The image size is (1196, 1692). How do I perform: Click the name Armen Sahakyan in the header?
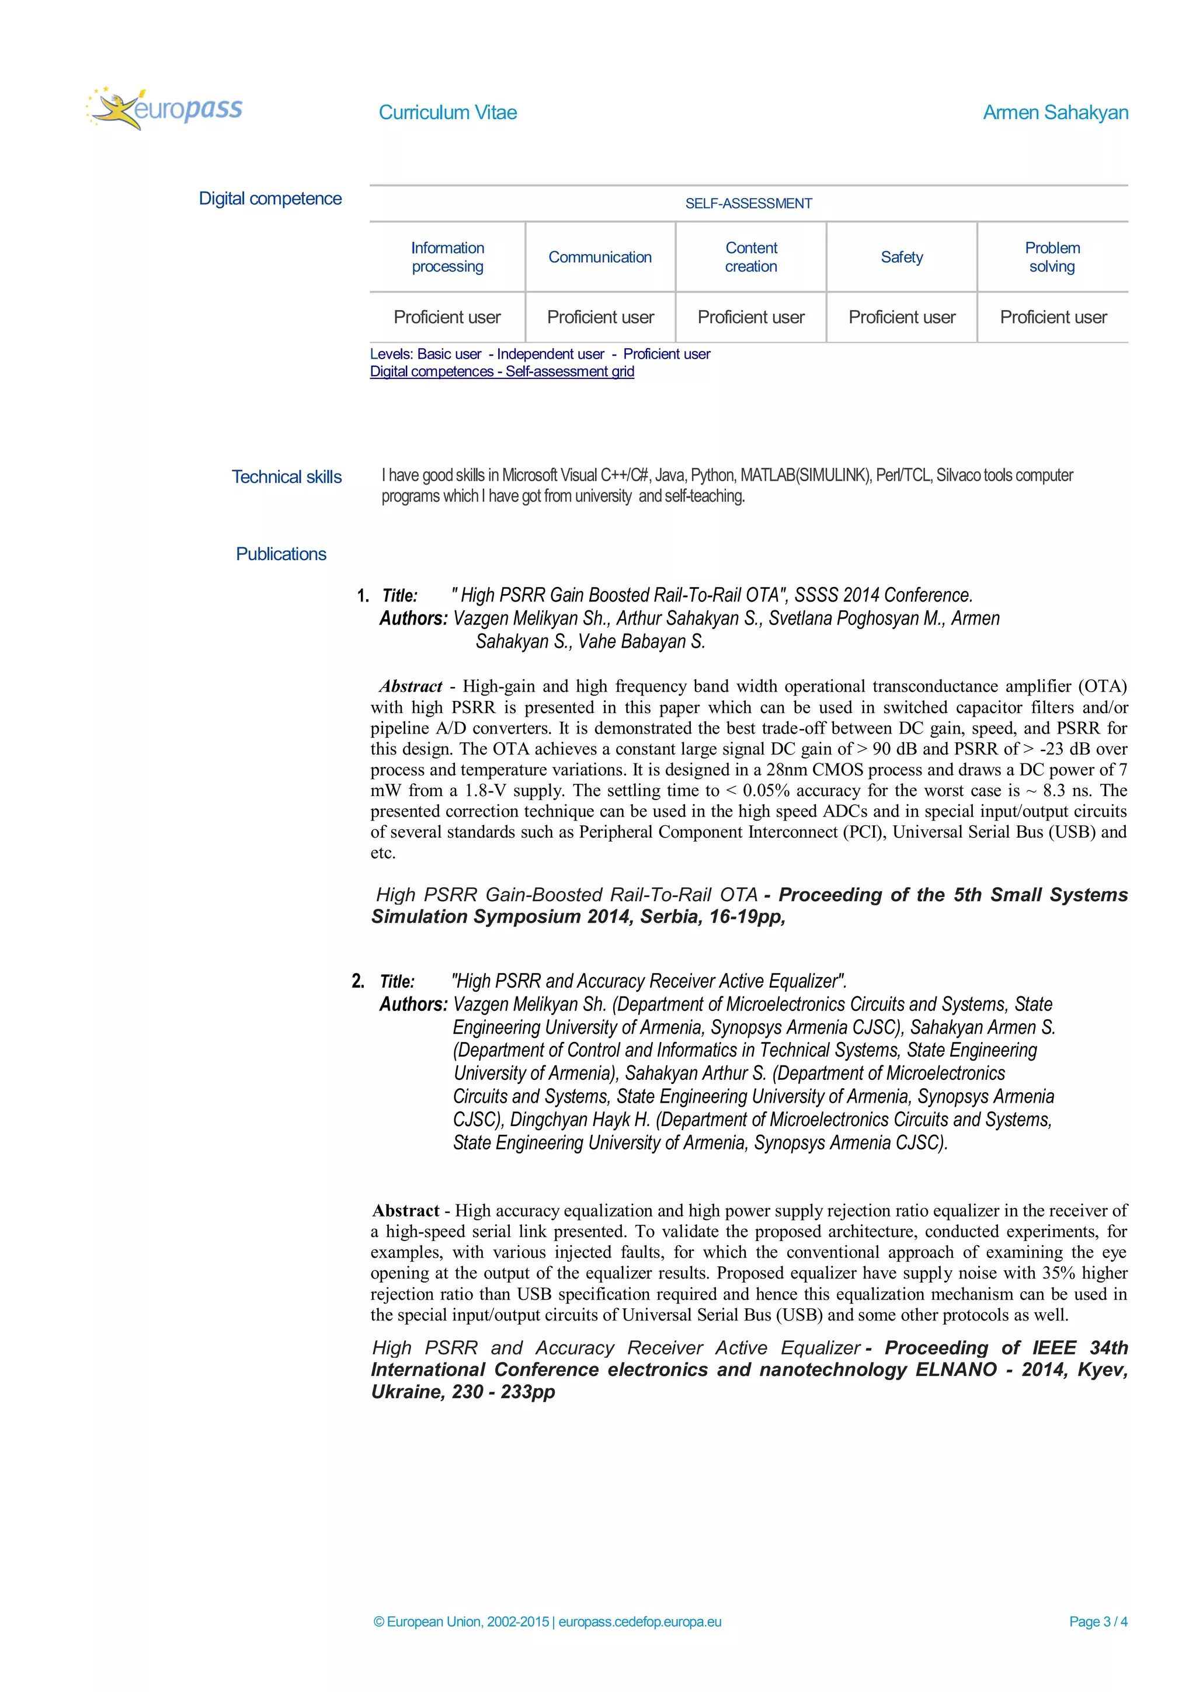click(1055, 113)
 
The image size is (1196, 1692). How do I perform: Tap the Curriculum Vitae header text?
click(447, 113)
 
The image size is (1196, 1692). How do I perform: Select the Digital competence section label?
click(270, 199)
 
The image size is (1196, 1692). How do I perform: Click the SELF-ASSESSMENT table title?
click(748, 203)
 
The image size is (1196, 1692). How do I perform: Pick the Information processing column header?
click(447, 257)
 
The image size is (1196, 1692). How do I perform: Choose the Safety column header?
click(901, 257)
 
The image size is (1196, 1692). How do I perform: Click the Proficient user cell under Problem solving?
click(1052, 318)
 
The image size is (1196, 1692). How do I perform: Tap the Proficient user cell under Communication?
click(600, 318)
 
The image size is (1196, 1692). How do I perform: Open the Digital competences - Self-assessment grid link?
click(502, 372)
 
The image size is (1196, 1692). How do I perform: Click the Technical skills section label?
click(287, 477)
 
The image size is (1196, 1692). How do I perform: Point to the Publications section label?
click(281, 554)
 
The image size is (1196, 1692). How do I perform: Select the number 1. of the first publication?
click(363, 596)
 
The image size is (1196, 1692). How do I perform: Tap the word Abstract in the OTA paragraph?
click(411, 687)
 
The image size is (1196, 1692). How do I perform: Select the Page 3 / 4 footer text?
click(1097, 1621)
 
